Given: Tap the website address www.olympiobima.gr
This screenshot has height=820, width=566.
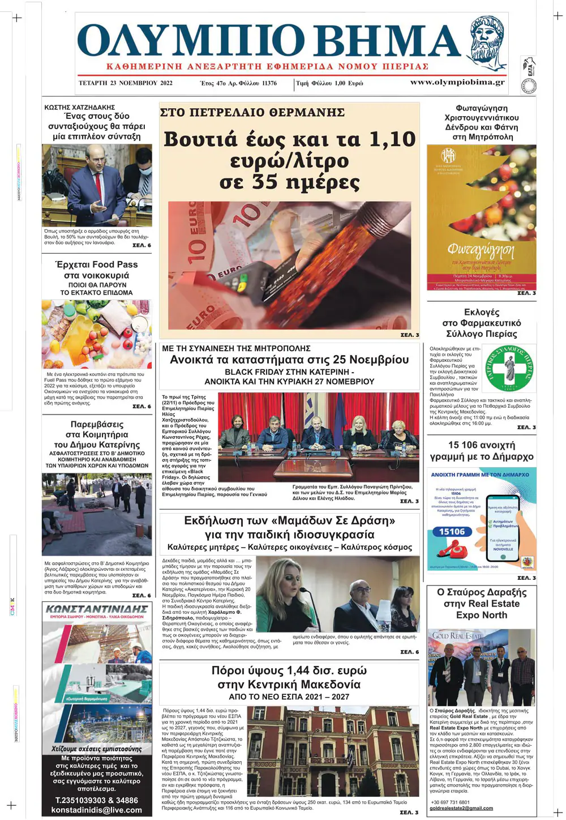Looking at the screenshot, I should pos(457,82).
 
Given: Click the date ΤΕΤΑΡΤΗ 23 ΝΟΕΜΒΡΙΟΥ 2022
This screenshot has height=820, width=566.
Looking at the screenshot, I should pos(126,83).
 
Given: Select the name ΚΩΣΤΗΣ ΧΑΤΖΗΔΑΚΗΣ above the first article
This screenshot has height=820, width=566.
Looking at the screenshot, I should pos(80,107).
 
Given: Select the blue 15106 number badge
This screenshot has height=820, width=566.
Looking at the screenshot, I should pos(452,532).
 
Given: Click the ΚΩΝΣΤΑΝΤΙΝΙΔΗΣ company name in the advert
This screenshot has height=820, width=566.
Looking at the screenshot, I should pos(97,609).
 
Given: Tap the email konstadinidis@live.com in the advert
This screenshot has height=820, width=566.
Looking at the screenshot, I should pos(97,810).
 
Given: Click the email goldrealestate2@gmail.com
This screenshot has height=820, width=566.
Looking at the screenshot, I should pos(461,808).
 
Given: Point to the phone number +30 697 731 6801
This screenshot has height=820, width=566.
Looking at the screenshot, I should pos(450,802).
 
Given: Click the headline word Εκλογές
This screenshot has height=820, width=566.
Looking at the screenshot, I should pos(482,312).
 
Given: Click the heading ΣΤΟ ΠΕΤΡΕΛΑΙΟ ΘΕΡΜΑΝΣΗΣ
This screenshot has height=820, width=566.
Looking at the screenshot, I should pos(252,113).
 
